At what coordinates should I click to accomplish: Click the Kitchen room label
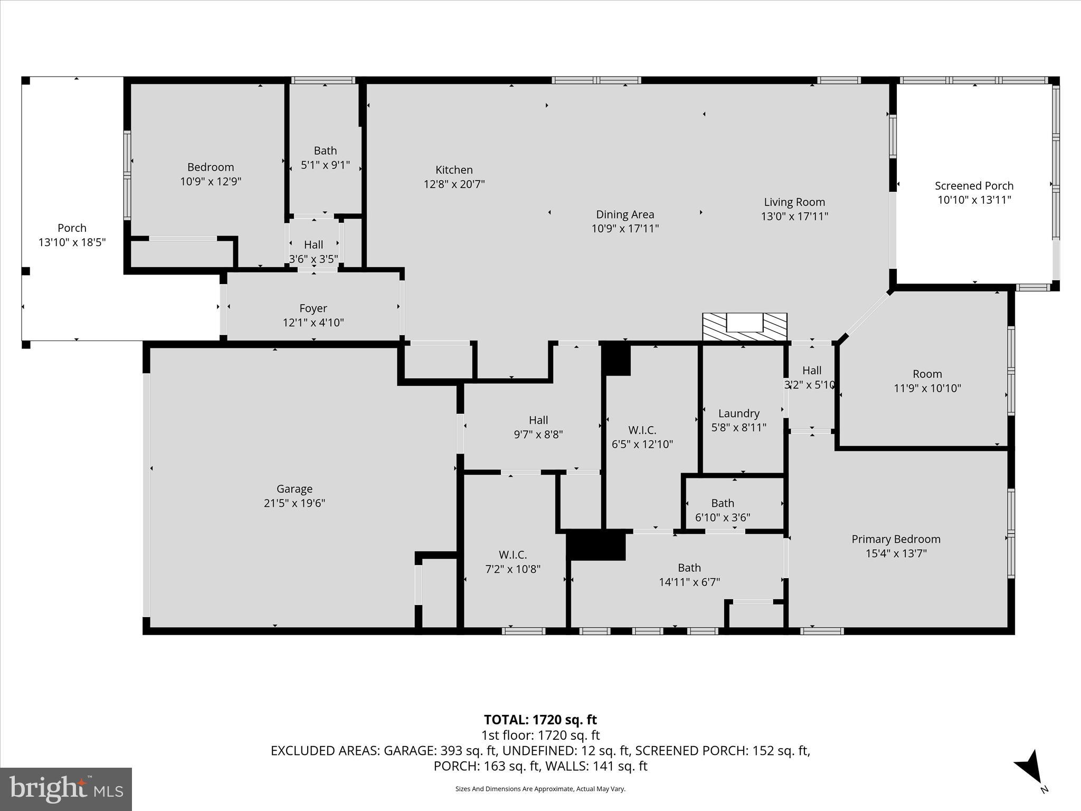point(454,170)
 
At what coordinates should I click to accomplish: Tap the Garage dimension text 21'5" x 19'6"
point(295,503)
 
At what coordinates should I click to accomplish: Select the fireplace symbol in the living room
point(744,326)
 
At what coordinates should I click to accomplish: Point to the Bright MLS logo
point(66,789)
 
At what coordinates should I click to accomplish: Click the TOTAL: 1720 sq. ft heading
point(540,720)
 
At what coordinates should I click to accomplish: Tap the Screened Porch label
point(974,186)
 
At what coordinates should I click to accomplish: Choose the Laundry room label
point(738,413)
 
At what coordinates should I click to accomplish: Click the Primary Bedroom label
point(896,539)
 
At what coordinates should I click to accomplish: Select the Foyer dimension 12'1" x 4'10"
point(313,323)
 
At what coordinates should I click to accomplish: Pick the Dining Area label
point(625,214)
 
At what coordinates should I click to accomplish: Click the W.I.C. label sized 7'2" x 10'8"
point(513,555)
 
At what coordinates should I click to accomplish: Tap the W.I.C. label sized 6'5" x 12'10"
point(642,430)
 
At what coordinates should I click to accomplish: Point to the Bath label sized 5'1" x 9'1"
point(325,151)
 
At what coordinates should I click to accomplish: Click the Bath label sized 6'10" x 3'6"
point(722,503)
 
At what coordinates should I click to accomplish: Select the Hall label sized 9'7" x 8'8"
point(538,420)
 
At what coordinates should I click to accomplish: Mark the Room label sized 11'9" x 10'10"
point(927,374)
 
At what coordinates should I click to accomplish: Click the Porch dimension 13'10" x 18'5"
point(72,242)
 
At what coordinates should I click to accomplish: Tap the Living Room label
point(794,202)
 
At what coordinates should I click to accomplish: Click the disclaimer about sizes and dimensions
point(540,789)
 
